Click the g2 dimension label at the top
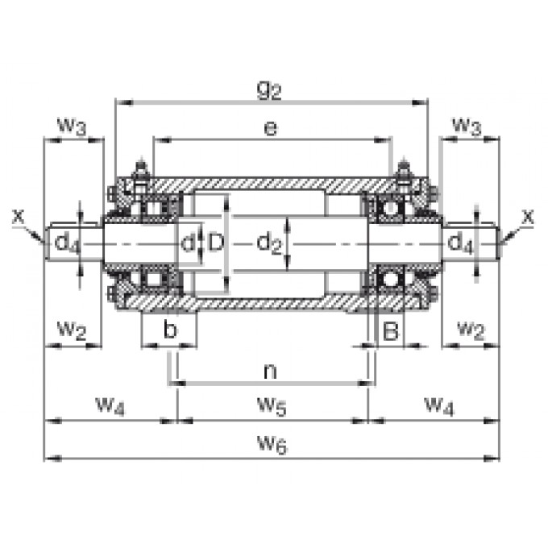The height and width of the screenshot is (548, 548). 269,90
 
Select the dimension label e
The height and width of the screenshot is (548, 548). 271,129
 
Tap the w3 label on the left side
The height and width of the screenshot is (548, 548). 73,126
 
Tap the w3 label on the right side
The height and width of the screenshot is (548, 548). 467,126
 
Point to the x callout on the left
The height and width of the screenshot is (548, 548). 19,216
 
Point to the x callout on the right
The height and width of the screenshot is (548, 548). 528,216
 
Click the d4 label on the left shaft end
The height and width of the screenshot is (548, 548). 68,243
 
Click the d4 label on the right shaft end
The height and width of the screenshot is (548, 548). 461,243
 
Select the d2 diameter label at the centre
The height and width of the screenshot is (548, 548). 268,243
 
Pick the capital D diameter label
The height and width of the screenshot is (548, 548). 214,242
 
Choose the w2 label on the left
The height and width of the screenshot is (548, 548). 73,330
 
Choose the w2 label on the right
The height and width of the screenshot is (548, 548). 470,330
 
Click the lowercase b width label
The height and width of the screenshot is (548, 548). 169,330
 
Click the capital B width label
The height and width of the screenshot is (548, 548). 390,330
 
